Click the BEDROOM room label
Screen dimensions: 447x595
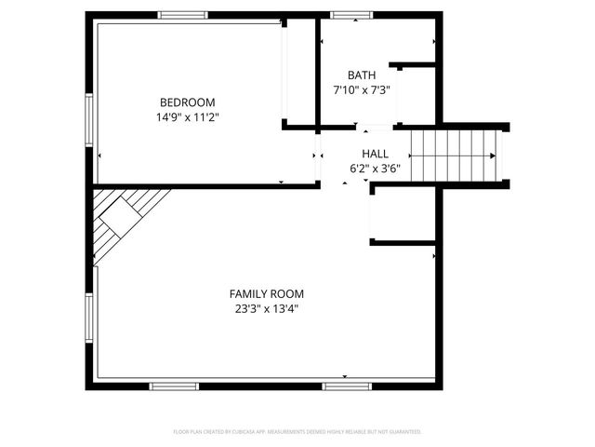187,102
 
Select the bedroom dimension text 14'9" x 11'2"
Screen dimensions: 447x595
187,117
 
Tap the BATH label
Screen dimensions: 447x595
362,75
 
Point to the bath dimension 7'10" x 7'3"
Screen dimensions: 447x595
362,90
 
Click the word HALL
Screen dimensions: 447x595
375,154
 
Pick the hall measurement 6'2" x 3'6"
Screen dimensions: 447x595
375,169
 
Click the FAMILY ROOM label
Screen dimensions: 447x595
267,294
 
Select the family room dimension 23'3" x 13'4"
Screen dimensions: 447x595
267,309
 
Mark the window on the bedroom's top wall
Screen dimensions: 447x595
182,15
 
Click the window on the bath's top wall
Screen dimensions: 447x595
351,15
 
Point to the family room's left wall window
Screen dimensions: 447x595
90,320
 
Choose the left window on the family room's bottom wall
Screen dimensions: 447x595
174,386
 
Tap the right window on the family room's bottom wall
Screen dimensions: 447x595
347,386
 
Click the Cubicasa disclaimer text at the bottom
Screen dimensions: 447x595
297,432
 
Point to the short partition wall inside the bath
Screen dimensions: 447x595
413,65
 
